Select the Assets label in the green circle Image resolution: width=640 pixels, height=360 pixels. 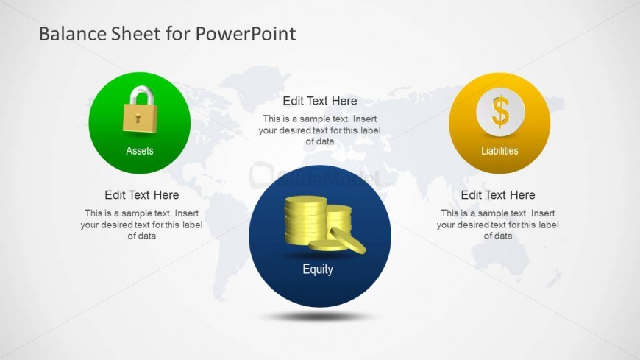(140, 151)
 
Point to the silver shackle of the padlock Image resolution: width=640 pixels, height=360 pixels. (139, 96)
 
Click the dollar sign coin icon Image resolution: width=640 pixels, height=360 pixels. (500, 113)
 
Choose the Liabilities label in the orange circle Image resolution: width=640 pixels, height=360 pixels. (499, 151)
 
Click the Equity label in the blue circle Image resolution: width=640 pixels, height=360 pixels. (318, 269)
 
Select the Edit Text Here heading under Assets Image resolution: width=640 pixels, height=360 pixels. (141, 195)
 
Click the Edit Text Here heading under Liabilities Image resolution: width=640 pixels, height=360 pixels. (498, 195)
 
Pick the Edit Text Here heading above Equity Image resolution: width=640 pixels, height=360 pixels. (320, 102)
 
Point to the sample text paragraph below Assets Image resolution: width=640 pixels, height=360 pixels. (141, 225)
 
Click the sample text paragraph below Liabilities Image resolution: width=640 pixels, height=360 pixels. (498, 225)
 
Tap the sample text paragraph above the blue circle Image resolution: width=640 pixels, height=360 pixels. (320, 130)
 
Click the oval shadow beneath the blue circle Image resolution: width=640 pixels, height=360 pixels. (318, 317)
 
